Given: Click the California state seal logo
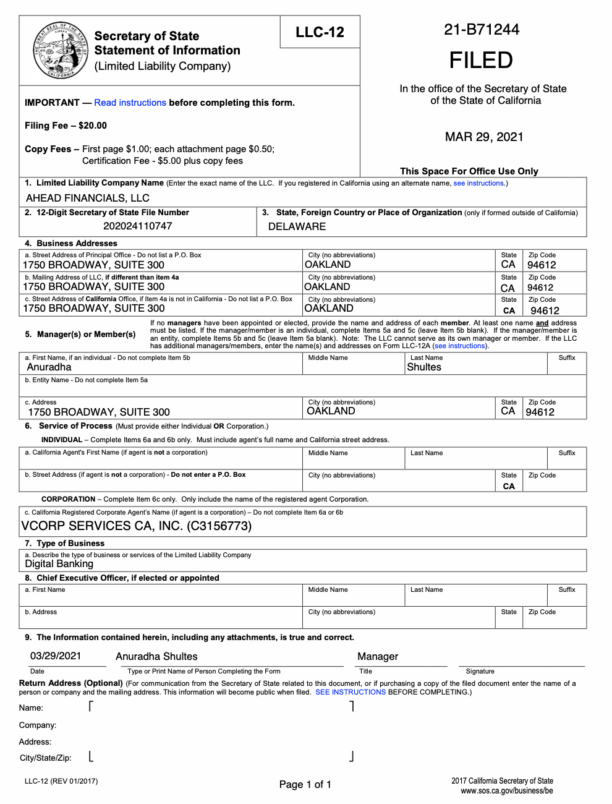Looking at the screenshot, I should pos(60,50).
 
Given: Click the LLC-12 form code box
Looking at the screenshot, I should pos(320,32).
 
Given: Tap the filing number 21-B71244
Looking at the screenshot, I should pos(482,29).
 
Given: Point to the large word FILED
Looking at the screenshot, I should pos(481,60).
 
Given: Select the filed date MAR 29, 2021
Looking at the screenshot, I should pos(484,137).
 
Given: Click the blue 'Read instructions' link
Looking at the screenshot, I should pos(130,103).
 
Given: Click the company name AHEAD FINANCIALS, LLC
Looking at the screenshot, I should pos(88,198).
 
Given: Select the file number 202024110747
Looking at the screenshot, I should pos(138,226).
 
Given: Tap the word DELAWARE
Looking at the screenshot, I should pos(297,226).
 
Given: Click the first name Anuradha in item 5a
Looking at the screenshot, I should pos(49,367).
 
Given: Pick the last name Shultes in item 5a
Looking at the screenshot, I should pos(424,367).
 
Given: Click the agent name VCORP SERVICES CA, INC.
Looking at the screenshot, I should pos(137,526).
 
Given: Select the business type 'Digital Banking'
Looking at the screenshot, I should pos(59,563).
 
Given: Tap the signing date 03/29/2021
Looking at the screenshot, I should pos(56,656).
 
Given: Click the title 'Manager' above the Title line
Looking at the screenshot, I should pos(378,656).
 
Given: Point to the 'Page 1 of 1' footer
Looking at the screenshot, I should pos(305,784).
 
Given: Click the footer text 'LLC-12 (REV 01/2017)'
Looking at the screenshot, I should pos(61,781).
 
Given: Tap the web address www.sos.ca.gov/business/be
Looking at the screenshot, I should pos(506,790).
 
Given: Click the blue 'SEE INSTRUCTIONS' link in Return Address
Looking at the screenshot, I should pos(351,692).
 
